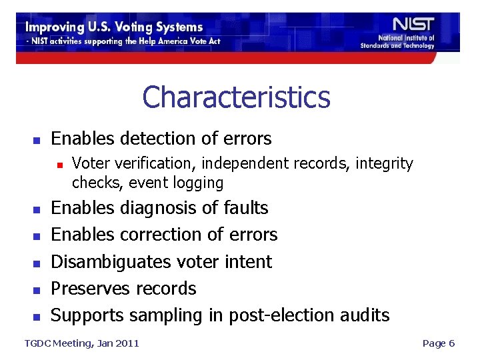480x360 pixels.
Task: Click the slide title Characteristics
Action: [236, 97]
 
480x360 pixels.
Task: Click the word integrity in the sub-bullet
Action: [383, 163]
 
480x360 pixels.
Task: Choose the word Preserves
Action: [91, 289]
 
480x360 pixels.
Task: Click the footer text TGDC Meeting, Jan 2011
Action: [81, 343]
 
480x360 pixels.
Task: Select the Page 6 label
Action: [439, 343]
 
